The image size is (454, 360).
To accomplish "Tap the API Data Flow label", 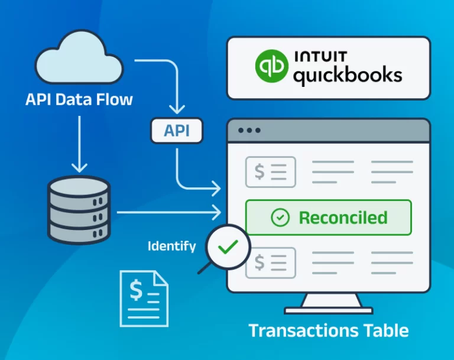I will pyautogui.click(x=79, y=99).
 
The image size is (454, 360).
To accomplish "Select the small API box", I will pyautogui.click(x=176, y=131).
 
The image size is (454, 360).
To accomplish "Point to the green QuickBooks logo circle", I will pyautogui.click(x=271, y=67).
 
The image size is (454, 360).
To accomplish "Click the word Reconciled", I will pyautogui.click(x=343, y=218).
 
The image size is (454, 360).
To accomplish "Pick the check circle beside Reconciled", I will pyautogui.click(x=280, y=218).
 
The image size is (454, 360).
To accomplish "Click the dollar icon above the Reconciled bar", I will pyautogui.click(x=270, y=171).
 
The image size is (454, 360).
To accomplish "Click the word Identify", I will pyautogui.click(x=171, y=246).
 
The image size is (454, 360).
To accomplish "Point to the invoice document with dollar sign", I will pyautogui.click(x=144, y=298).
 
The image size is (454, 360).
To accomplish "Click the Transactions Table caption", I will pyautogui.click(x=328, y=330).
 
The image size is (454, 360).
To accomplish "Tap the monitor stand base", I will pyautogui.click(x=328, y=309).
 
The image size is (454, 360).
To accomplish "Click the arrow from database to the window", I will pyautogui.click(x=168, y=212).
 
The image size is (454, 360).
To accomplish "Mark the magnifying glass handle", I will pyautogui.click(x=204, y=268).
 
